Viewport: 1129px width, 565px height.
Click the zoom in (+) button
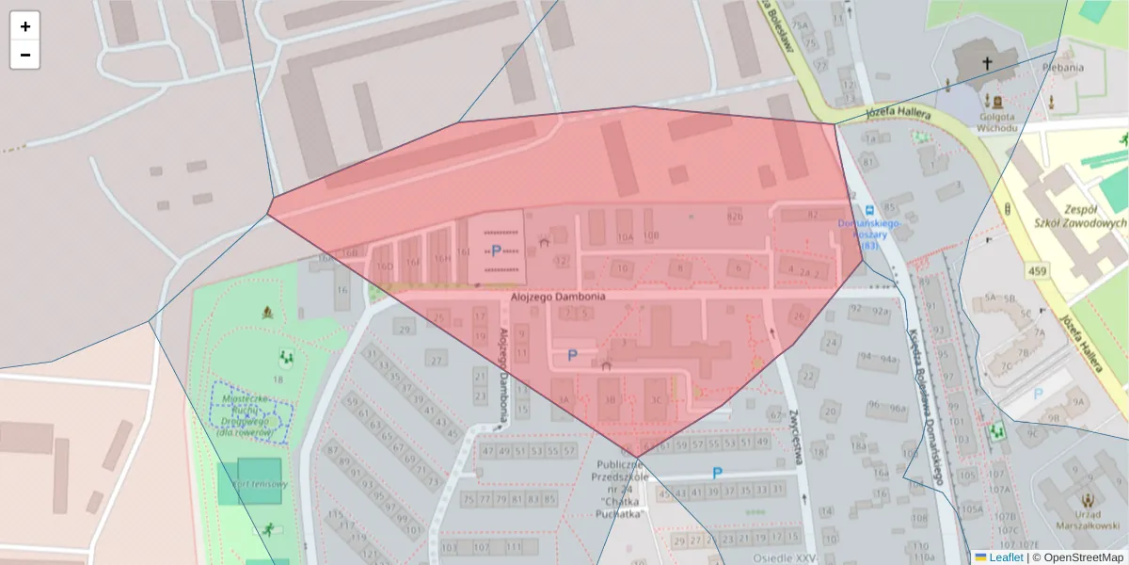[x=24, y=26]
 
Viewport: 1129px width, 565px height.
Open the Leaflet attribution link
[x=1005, y=557]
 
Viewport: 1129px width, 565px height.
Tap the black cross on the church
[x=987, y=63]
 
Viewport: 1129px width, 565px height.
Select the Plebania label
[x=1070, y=68]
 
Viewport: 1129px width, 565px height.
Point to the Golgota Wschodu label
[x=996, y=122]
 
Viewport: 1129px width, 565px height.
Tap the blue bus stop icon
[x=870, y=209]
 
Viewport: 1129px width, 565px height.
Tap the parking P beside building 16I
[x=496, y=250]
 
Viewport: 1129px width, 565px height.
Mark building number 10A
[x=625, y=237]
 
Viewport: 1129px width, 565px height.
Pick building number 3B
[x=609, y=399]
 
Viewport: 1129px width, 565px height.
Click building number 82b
[x=735, y=217]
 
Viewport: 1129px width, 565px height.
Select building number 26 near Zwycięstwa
[x=799, y=315]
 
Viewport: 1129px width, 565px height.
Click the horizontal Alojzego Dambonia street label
[x=558, y=297]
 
